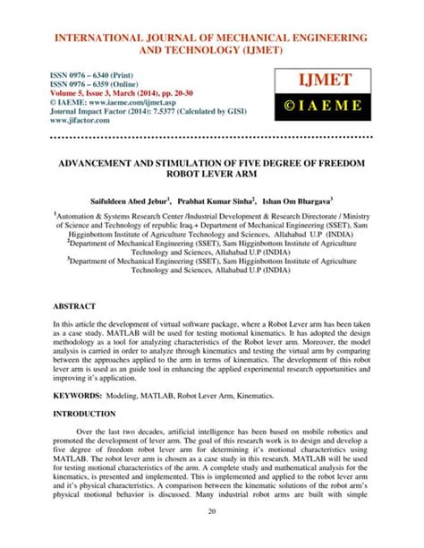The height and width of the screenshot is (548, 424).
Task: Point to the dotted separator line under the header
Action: click(x=211, y=138)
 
